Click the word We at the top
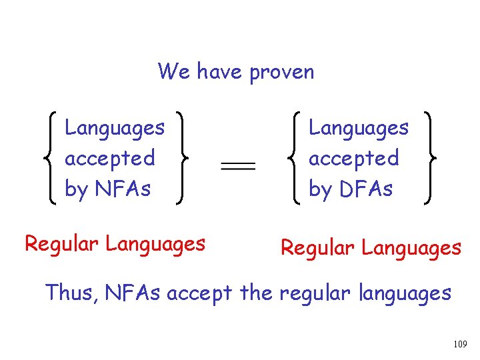click(173, 71)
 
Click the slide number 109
click(459, 344)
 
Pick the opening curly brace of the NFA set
click(48, 158)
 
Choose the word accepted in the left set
click(110, 159)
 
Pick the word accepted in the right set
click(354, 159)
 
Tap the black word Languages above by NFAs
click(115, 127)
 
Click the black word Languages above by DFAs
click(359, 127)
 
